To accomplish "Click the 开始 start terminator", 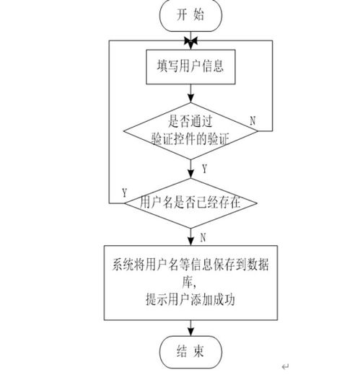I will coord(189,15).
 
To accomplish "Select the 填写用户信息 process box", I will coord(190,67).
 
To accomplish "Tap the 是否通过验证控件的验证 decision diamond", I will coord(190,129).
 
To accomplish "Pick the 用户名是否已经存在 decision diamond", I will coord(190,203).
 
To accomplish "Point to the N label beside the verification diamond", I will coord(252,121).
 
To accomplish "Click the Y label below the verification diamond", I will coord(204,169).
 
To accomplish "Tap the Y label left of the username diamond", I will coord(125,193).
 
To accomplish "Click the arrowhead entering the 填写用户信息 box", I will coord(190,48).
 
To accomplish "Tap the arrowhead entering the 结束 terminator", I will coord(190,333).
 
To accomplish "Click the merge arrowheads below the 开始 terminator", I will coord(190,39).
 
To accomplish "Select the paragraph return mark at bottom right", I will coord(285,366).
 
